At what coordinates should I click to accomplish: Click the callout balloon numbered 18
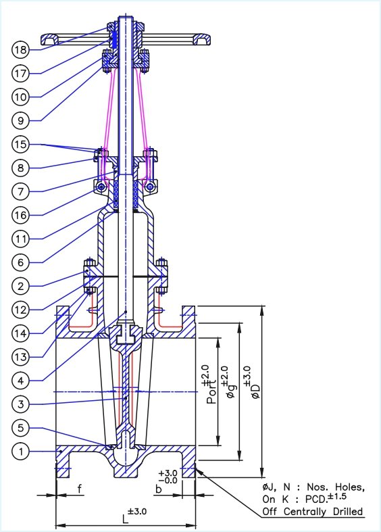point(20,49)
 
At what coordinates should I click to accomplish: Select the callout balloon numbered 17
point(20,73)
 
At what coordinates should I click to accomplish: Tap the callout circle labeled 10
point(20,97)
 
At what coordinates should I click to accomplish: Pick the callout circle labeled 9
point(20,120)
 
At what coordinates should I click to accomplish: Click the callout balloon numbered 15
point(20,145)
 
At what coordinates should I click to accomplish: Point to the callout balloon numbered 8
point(20,168)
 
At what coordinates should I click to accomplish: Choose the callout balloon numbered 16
point(20,215)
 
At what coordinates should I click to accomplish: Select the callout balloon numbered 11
point(20,239)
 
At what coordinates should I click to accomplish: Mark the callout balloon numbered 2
point(20,286)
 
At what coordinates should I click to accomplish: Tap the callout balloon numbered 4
point(20,380)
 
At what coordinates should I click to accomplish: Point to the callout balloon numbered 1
point(20,452)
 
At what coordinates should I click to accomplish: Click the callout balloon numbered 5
point(20,428)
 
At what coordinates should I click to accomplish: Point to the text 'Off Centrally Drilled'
point(312,510)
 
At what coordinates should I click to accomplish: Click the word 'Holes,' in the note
point(347,487)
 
